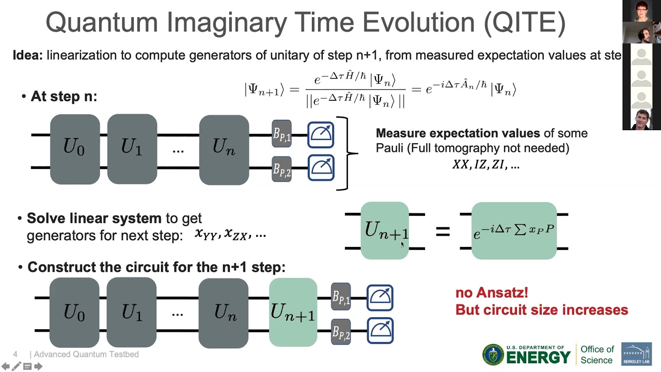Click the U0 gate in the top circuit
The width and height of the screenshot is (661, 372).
point(75,149)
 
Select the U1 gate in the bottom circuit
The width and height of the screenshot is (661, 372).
point(132,313)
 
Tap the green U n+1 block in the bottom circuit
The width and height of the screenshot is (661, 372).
point(293,312)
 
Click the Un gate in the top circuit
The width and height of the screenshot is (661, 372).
point(224,149)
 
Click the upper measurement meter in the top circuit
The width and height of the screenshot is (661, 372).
point(321,134)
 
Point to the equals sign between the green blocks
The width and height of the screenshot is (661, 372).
point(443,231)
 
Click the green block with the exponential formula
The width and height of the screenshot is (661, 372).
point(514,231)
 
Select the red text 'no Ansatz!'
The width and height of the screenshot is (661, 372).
point(492,293)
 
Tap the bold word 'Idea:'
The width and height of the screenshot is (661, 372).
point(28,55)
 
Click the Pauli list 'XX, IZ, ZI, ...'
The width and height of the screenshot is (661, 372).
point(485,165)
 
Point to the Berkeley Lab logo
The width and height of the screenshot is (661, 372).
point(636,354)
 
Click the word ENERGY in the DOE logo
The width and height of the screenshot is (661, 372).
point(538,358)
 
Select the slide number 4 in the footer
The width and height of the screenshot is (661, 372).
point(15,354)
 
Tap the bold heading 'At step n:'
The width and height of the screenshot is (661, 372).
point(64,97)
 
